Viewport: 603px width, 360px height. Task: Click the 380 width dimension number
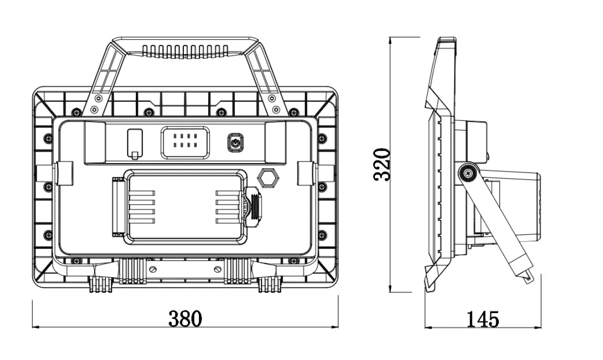click(184, 318)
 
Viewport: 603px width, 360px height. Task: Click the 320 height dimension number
click(383, 164)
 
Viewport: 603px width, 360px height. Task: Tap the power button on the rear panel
click(235, 142)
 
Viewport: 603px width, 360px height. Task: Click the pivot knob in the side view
click(469, 173)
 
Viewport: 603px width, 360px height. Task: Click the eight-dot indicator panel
click(185, 142)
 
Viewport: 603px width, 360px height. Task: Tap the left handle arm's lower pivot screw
click(94, 109)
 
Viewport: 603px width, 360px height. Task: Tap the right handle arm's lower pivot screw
click(275, 109)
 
